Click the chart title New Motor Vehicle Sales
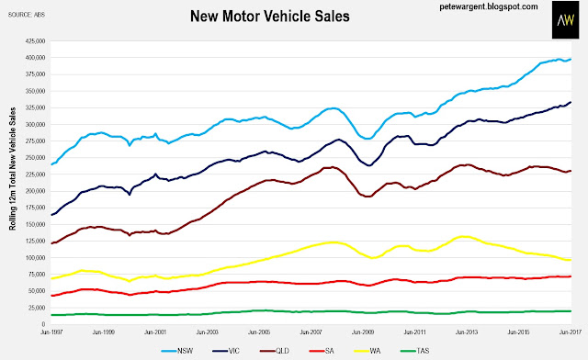click(269, 17)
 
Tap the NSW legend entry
click(177, 351)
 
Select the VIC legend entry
click(226, 351)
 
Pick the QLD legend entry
click(275, 351)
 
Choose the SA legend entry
click(322, 351)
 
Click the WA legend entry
click(367, 351)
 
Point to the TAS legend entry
click(414, 351)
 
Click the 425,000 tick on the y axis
click(35, 41)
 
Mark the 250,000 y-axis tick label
click(35, 158)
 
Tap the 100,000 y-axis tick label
click(35, 258)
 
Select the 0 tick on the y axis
click(43, 324)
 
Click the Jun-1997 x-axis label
click(51, 332)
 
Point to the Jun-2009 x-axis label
click(363, 332)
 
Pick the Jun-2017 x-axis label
click(570, 332)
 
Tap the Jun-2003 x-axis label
click(207, 332)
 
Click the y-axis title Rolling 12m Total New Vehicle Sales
click(13, 169)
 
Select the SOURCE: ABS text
click(27, 15)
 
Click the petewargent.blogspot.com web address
click(489, 6)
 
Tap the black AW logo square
click(566, 19)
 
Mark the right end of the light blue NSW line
click(571, 60)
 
